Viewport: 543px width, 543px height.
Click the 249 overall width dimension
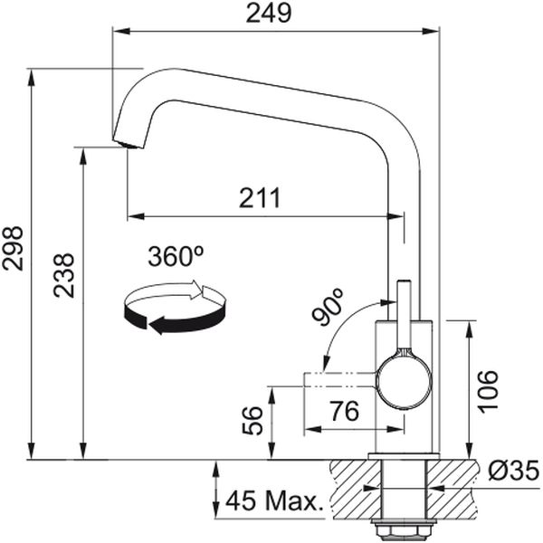tap(269, 14)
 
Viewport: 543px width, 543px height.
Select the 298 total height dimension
tap(13, 248)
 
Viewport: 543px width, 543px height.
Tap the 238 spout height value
tap(64, 275)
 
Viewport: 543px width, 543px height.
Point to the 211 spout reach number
tap(260, 198)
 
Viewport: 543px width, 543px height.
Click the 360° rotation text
tap(176, 256)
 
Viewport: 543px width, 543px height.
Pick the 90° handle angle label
tap(327, 307)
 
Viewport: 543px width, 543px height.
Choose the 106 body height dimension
tap(488, 392)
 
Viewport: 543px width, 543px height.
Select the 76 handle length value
tap(345, 411)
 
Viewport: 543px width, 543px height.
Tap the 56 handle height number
tap(252, 421)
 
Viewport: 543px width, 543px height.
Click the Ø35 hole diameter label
tap(513, 470)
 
